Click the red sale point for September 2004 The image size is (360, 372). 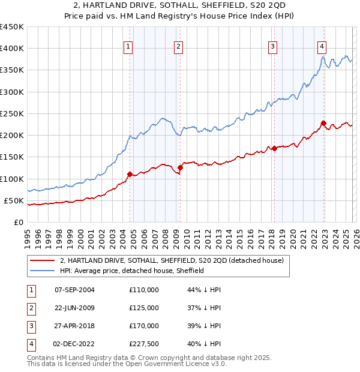(x=130, y=174)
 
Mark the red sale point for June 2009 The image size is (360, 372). (x=180, y=168)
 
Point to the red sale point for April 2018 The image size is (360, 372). (x=274, y=148)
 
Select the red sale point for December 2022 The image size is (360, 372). (x=323, y=124)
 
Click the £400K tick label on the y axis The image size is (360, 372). (x=12, y=49)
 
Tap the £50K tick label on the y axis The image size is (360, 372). (x=14, y=200)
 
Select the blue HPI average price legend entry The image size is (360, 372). (x=132, y=271)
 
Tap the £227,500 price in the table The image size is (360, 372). (x=144, y=344)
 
